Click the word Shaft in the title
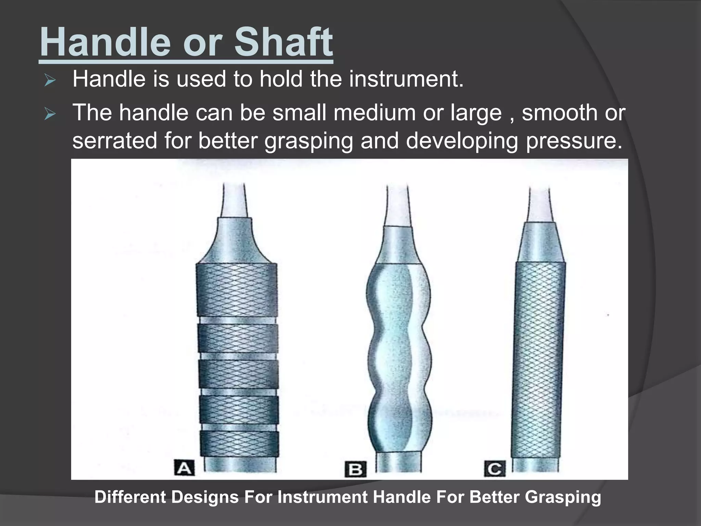(283, 42)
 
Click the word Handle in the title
(105, 42)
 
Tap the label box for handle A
(184, 468)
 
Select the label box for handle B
(355, 469)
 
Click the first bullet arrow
(50, 81)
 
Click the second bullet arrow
(50, 114)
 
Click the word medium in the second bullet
(374, 113)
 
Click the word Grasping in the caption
(563, 497)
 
